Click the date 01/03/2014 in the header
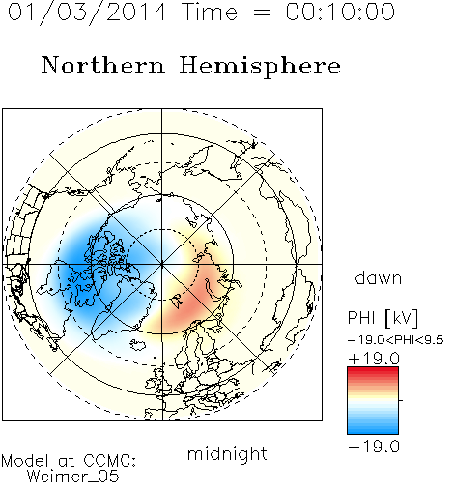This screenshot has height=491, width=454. (x=88, y=13)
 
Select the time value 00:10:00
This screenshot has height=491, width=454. (x=340, y=12)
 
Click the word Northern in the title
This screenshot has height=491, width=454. (x=103, y=65)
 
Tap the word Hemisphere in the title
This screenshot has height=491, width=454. (x=260, y=67)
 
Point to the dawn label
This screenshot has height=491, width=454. (x=379, y=278)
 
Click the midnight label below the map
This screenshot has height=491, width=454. (x=227, y=453)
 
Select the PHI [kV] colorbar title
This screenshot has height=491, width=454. (x=383, y=318)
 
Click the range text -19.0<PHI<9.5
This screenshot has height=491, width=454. (x=396, y=340)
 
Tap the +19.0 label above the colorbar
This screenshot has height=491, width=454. (x=374, y=359)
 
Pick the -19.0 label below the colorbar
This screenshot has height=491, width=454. (x=374, y=447)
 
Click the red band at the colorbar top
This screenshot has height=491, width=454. (x=373, y=371)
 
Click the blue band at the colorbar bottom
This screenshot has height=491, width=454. (x=373, y=429)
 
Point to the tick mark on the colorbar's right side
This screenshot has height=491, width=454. (x=401, y=400)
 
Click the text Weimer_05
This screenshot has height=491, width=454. (x=73, y=477)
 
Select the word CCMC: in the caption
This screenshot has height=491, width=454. (x=110, y=461)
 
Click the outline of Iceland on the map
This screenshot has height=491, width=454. (x=137, y=344)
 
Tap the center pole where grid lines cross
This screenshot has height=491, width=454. (x=162, y=264)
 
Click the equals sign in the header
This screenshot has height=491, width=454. (x=262, y=14)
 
